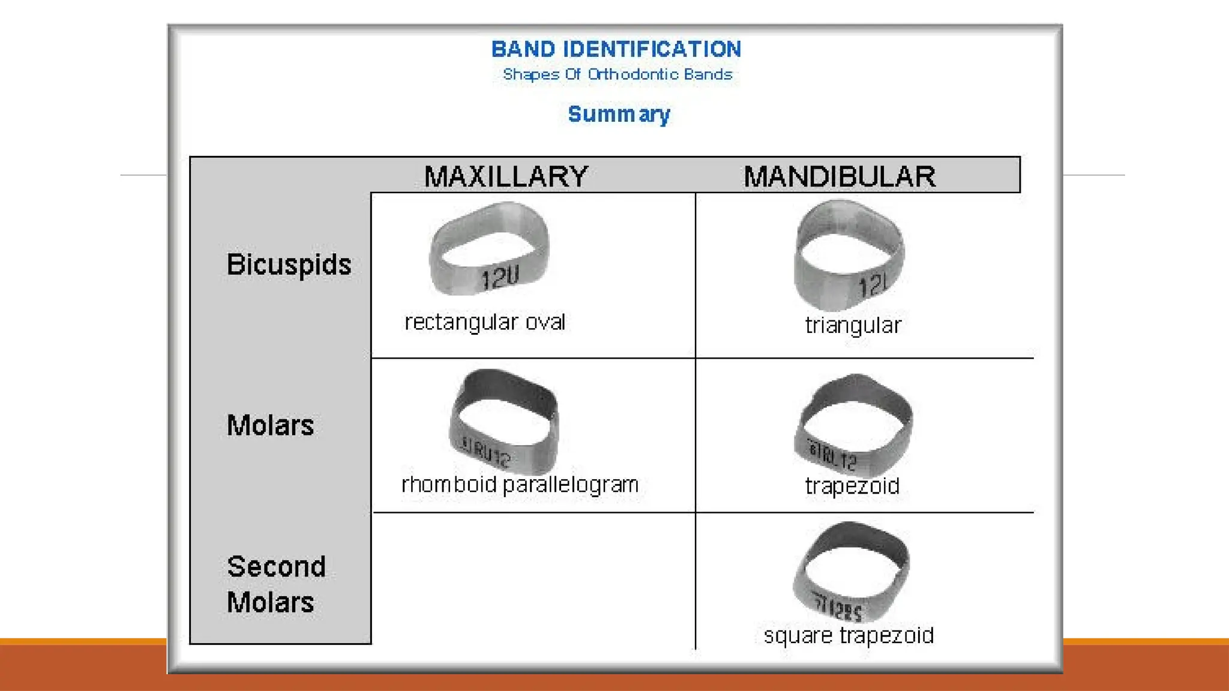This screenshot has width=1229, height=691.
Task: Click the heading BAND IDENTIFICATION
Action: coord(616,49)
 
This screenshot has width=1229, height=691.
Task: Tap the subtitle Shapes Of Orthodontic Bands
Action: coord(618,74)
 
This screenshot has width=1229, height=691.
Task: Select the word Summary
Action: coord(619,114)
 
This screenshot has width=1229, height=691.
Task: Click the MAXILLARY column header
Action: coord(506,176)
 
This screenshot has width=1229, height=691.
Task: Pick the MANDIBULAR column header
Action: coord(840,176)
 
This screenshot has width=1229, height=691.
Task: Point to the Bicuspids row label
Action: coord(289,265)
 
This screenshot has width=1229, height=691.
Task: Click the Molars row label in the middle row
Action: coord(270,425)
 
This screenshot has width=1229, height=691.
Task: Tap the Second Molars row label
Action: coord(276,584)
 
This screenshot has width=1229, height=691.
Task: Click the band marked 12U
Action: coord(489,249)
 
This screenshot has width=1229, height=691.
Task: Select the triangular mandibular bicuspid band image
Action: coord(849,254)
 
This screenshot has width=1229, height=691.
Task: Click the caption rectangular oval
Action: coord(485,323)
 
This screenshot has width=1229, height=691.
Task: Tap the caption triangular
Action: coord(853,325)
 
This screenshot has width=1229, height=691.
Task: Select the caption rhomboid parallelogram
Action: coord(520,485)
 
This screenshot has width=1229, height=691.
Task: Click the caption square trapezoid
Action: coord(849,635)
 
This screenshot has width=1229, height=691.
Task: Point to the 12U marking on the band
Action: coord(500,278)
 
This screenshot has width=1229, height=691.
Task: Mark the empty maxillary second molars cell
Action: coord(533,579)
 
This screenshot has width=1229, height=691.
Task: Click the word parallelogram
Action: coord(571,485)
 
